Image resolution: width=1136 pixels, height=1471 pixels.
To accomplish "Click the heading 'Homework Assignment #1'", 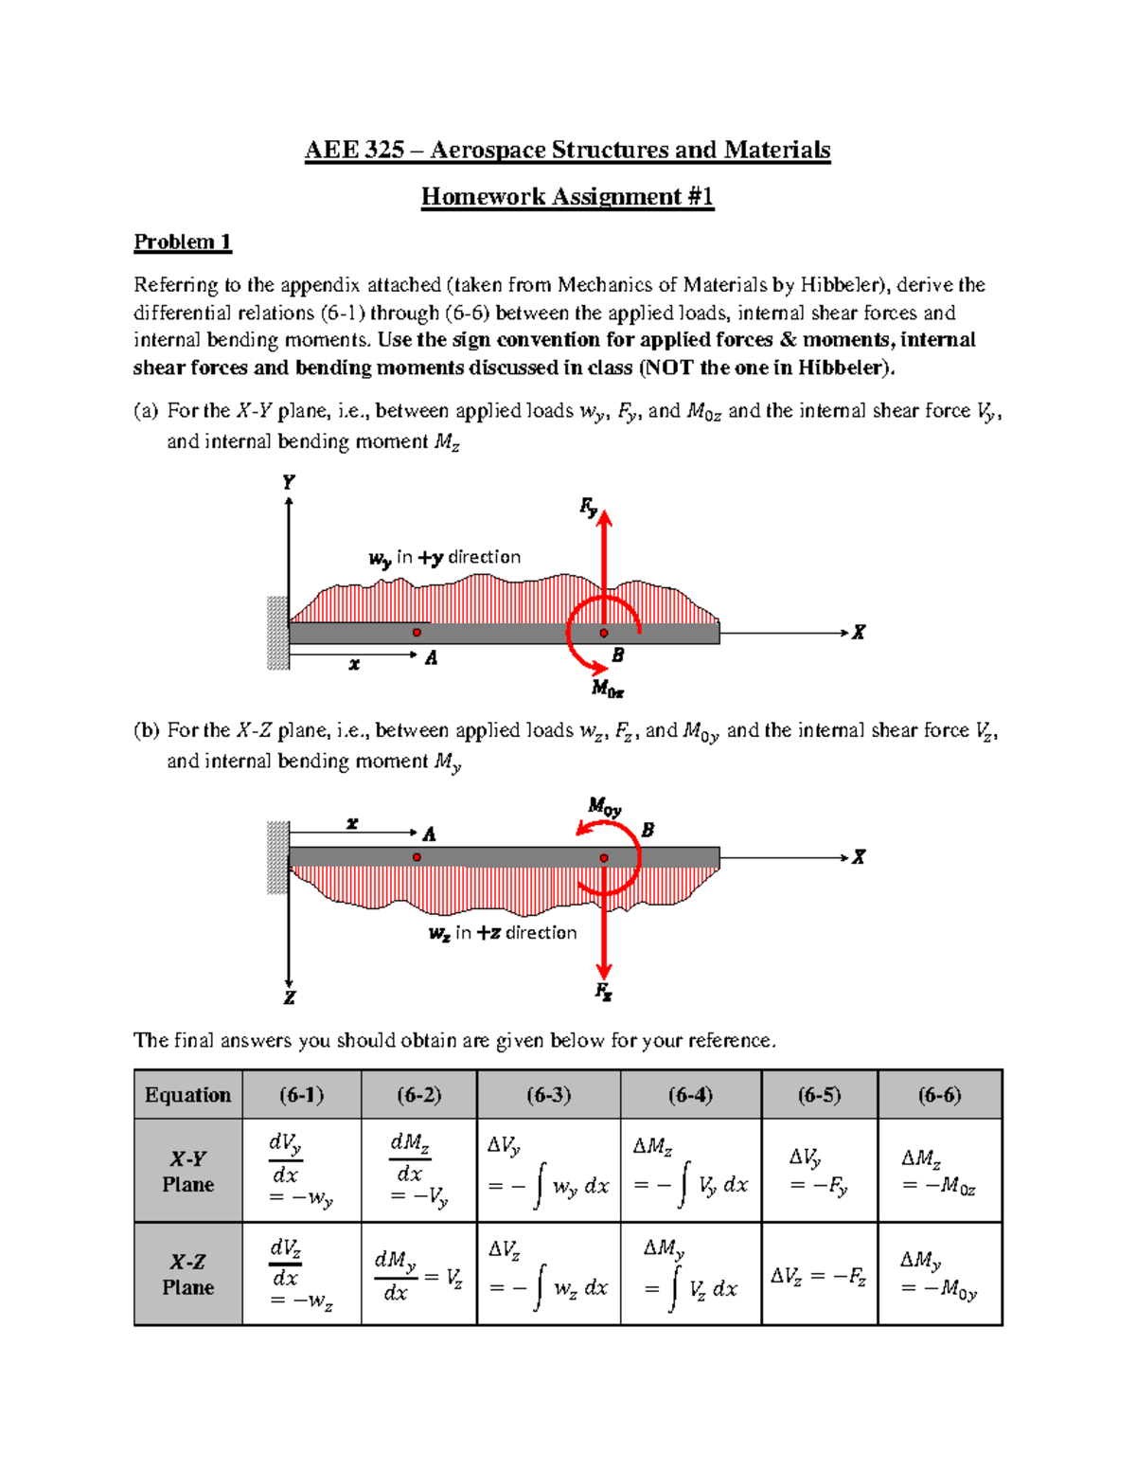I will point(567,197).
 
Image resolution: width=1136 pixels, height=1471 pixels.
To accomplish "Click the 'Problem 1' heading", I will point(182,242).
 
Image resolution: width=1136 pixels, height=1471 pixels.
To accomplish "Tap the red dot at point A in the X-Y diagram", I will point(417,632).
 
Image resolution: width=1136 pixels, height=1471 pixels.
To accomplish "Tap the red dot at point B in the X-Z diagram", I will point(604,858).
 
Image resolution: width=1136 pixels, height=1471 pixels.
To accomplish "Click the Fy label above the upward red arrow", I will point(589,508).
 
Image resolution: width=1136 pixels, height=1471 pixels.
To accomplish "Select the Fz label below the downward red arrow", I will point(603,992).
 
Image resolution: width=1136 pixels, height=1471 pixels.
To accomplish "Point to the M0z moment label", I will point(608,689).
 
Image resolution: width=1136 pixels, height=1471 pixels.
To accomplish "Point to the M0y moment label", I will point(604,807).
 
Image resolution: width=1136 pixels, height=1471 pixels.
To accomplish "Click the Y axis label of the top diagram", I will point(289,482).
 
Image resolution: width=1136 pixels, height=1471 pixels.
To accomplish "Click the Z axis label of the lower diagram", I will point(289,997).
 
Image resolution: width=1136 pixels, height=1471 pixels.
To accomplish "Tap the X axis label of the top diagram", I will point(858,632).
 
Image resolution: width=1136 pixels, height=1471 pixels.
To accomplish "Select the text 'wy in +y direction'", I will point(445,558).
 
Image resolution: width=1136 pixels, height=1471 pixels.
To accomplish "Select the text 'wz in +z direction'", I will point(503,933).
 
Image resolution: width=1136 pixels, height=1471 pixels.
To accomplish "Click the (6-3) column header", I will point(549,1095).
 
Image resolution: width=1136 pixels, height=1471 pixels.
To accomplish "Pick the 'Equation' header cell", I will point(187,1095).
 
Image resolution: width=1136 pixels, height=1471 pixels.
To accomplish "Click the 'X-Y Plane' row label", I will point(187,1172).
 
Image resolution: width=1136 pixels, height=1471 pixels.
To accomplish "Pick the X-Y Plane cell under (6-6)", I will point(938,1172).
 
